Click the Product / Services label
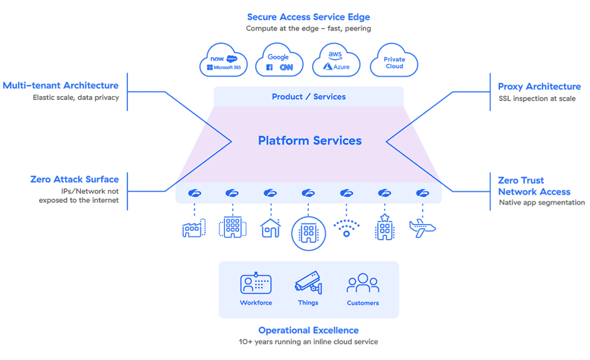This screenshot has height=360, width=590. pyautogui.click(x=309, y=97)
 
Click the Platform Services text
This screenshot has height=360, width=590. pyautogui.click(x=310, y=141)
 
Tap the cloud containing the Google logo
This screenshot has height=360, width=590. pyautogui.click(x=279, y=62)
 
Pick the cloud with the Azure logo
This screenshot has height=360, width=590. pyautogui.click(x=337, y=62)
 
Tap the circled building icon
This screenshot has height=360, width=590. pyautogui.click(x=309, y=234)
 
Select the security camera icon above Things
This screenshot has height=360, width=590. pyautogui.click(x=308, y=283)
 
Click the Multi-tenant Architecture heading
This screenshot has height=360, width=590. pyautogui.click(x=61, y=86)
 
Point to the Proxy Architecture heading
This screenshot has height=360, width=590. pyautogui.click(x=539, y=87)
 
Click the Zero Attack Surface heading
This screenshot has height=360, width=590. pyautogui.click(x=75, y=180)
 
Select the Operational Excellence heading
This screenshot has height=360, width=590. pyautogui.click(x=309, y=331)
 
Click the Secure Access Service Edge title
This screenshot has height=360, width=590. pyautogui.click(x=309, y=17)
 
